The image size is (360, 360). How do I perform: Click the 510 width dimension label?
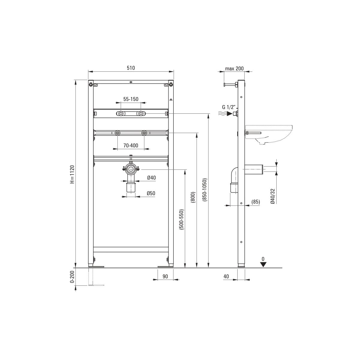click(131, 68)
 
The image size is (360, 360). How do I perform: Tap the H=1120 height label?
click(72, 174)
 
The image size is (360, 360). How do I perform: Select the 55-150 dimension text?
click(131, 99)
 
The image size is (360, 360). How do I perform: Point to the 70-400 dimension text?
click(131, 145)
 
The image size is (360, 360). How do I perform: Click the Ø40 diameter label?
click(151, 178)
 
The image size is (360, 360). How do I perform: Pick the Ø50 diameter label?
click(151, 193)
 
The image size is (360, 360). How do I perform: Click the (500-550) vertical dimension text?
click(182, 219)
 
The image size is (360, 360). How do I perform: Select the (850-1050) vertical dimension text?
click(205, 190)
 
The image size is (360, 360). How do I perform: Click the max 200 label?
click(234, 69)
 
